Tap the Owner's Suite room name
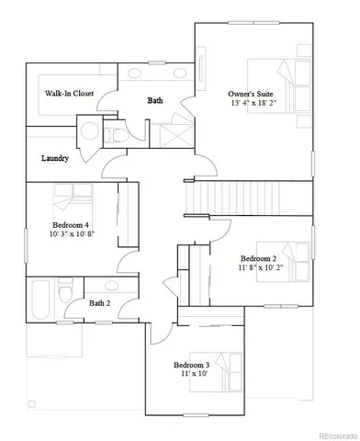click(252, 93)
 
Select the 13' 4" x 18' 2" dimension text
click(252, 104)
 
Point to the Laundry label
click(55, 158)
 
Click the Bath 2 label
click(99, 302)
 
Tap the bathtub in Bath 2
click(39, 296)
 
